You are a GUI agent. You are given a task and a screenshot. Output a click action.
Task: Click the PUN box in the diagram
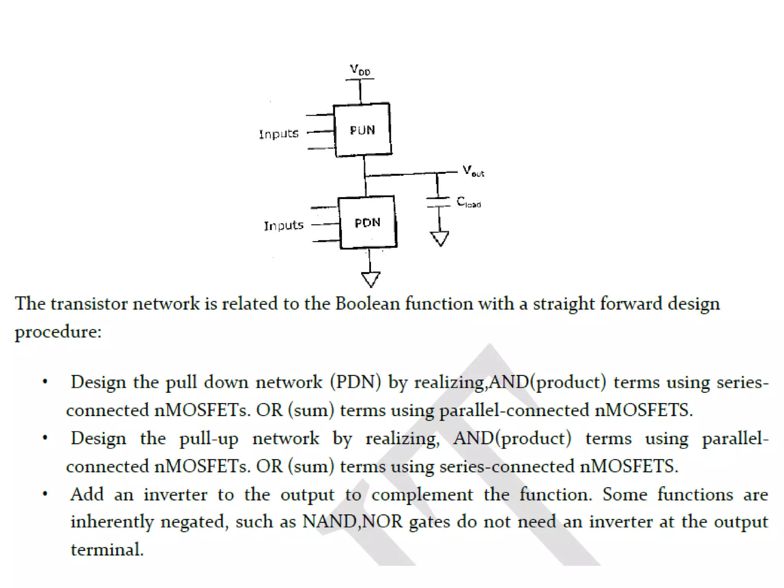point(363,130)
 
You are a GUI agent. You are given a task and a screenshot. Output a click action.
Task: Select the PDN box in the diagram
point(367,222)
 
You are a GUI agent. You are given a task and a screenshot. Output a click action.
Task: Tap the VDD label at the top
point(360,70)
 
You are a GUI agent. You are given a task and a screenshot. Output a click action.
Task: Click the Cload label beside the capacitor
point(468,202)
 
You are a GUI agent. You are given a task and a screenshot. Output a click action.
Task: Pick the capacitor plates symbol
point(438,202)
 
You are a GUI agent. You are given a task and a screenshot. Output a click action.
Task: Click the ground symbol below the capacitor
point(440,238)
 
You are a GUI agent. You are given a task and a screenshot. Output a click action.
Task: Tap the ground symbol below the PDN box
point(371,279)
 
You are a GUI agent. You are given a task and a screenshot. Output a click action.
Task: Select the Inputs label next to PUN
point(279,134)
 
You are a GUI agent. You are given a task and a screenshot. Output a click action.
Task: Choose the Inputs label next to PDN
point(284,225)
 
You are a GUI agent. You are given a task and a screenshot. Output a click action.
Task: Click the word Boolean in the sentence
point(367,304)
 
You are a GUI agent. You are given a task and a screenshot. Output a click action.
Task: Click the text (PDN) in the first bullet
point(356,382)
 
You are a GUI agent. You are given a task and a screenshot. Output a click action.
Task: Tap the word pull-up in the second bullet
point(209,439)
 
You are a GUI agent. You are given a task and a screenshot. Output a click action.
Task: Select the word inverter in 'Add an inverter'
point(175,495)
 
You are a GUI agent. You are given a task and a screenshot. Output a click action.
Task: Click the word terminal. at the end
point(107,550)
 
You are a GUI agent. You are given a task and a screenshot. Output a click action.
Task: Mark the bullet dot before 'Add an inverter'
point(45,494)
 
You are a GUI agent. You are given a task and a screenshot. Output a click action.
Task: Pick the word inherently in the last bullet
point(112,522)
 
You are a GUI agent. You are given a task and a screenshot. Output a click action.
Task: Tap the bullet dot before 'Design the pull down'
point(45,382)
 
